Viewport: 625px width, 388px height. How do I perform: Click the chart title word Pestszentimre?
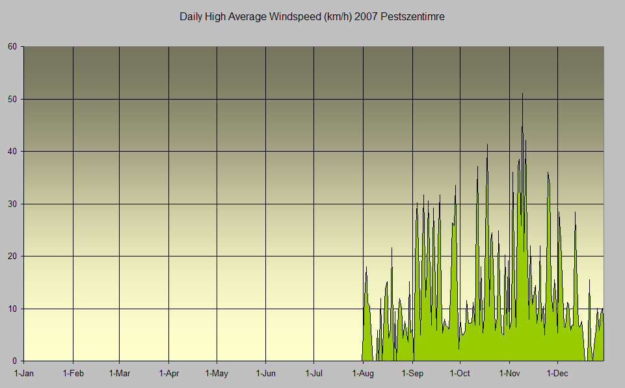click(x=414, y=17)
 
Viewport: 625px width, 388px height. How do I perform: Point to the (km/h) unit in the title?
click(x=336, y=17)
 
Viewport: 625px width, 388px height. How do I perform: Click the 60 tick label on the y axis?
click(x=12, y=47)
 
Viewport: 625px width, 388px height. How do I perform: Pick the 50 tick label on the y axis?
click(x=12, y=99)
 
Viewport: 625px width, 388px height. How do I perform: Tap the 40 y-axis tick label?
click(x=12, y=152)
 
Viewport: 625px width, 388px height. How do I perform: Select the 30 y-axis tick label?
click(x=12, y=204)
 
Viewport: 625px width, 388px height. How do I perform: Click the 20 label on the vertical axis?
click(x=12, y=256)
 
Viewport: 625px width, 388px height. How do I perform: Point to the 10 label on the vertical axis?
click(x=12, y=309)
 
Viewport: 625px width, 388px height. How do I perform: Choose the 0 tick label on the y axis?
click(x=15, y=361)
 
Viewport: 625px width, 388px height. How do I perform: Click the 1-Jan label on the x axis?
click(x=24, y=374)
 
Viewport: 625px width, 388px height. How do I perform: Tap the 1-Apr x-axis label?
click(x=168, y=374)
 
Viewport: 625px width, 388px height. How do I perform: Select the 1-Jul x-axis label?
click(x=314, y=374)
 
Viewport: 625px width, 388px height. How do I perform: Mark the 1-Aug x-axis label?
click(x=363, y=374)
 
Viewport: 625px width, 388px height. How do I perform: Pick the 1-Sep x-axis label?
click(x=412, y=374)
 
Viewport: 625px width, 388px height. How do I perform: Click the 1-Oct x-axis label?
click(x=460, y=374)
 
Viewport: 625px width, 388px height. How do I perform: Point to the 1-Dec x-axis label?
click(x=558, y=374)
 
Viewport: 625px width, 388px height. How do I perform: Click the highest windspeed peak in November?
click(x=522, y=94)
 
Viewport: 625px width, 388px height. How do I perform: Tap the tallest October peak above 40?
click(x=487, y=145)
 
